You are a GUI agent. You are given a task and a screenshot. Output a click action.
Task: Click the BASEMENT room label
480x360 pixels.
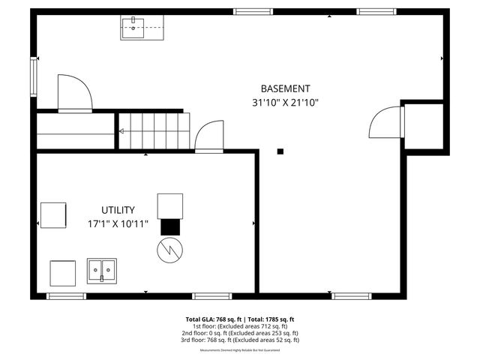285,88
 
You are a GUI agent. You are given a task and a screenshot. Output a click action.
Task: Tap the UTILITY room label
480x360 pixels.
118,210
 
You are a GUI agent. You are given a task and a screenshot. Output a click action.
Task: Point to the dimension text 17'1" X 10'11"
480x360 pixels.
118,223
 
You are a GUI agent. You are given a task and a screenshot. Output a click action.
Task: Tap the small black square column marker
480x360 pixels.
280,151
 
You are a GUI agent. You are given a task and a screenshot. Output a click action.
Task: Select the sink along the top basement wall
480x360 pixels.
133,27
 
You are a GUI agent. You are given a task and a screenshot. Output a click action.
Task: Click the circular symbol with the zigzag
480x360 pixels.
169,249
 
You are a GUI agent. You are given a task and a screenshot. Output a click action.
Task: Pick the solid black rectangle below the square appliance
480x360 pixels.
169,226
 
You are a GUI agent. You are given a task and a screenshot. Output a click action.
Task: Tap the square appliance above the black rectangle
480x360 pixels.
169,205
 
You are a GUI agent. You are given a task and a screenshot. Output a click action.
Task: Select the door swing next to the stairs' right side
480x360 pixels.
209,137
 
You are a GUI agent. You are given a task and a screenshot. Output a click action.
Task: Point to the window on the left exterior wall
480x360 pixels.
34,76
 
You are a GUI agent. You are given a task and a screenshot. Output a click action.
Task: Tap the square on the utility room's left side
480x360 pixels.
52,215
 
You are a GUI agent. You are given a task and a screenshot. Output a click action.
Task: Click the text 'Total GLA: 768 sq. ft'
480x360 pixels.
214,319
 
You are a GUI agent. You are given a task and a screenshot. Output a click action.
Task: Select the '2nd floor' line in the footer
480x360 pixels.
240,333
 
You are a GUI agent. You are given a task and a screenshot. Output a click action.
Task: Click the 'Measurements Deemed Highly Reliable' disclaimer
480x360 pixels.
240,350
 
